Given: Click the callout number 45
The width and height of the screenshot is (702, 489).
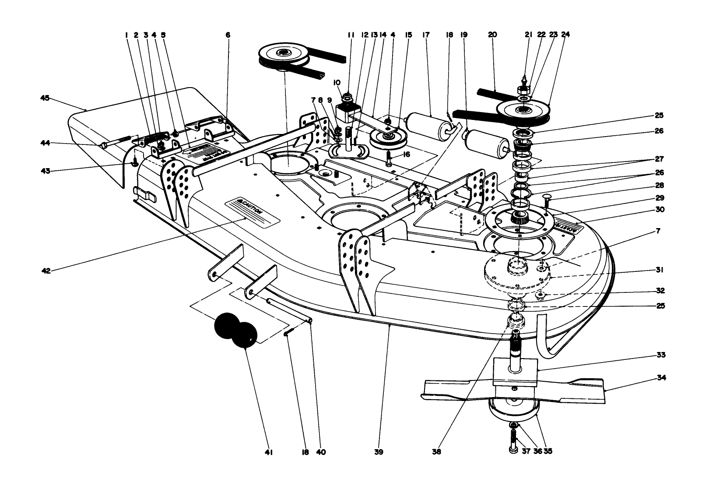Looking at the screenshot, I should pyautogui.click(x=45, y=99).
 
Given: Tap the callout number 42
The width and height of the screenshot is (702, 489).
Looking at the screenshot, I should pyautogui.click(x=46, y=271).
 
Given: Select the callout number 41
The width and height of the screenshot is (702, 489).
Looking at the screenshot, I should pyautogui.click(x=269, y=452).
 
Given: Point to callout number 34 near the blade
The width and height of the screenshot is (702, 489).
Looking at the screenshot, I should pyautogui.click(x=661, y=378).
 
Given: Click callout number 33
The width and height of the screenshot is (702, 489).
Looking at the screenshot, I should pyautogui.click(x=661, y=355).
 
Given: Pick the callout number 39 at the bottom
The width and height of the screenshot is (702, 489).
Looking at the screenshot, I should pyautogui.click(x=379, y=452).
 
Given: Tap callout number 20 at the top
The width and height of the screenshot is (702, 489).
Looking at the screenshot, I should pyautogui.click(x=492, y=35).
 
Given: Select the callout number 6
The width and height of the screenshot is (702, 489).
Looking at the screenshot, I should pyautogui.click(x=228, y=35).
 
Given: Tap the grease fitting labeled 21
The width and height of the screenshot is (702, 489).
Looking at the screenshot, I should pyautogui.click(x=523, y=81).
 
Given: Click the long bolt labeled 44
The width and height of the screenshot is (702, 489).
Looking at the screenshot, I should pyautogui.click(x=117, y=141).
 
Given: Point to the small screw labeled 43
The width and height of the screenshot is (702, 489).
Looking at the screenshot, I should pyautogui.click(x=134, y=162).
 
